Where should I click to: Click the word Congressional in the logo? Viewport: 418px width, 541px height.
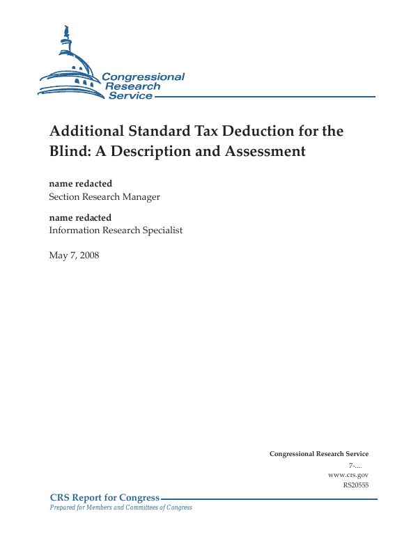144,77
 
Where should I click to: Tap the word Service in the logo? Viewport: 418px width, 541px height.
130,95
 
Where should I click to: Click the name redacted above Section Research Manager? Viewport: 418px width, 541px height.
80,184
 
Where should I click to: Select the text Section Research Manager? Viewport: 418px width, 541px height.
104,197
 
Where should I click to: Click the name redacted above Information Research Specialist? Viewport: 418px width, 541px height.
80,217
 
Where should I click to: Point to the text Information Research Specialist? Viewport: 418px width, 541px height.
116,230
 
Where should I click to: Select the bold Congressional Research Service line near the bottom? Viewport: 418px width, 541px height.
319,454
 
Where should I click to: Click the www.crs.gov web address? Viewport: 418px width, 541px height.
348,474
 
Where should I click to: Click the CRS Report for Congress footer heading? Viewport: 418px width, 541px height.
104,498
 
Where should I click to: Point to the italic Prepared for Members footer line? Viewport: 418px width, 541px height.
121,508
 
